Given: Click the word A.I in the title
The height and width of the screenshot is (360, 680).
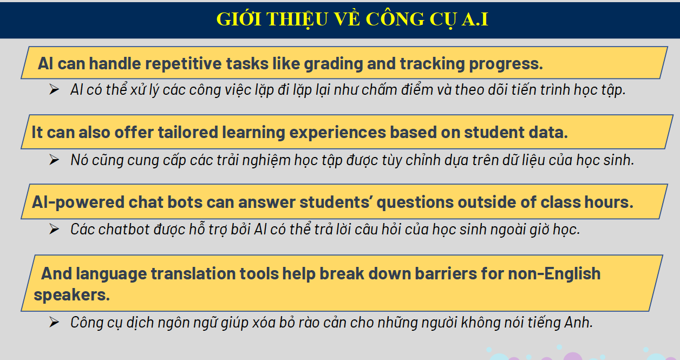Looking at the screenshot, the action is [x=475, y=19].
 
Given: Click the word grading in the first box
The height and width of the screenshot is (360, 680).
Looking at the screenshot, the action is [x=334, y=64].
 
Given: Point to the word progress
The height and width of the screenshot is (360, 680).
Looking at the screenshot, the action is [x=506, y=64].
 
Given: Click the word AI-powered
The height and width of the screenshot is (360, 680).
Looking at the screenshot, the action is [x=78, y=202].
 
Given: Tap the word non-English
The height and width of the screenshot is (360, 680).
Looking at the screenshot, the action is [x=554, y=274].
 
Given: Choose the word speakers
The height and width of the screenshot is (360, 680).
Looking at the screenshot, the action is [x=71, y=295].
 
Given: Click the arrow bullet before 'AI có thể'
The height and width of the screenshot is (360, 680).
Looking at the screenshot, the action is [x=54, y=89].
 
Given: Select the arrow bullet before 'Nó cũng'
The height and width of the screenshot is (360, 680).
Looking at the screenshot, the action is [x=54, y=160].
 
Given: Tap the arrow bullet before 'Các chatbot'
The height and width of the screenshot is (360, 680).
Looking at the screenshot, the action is [x=54, y=229].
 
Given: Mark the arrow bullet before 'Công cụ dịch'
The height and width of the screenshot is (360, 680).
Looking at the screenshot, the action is [x=54, y=322].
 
